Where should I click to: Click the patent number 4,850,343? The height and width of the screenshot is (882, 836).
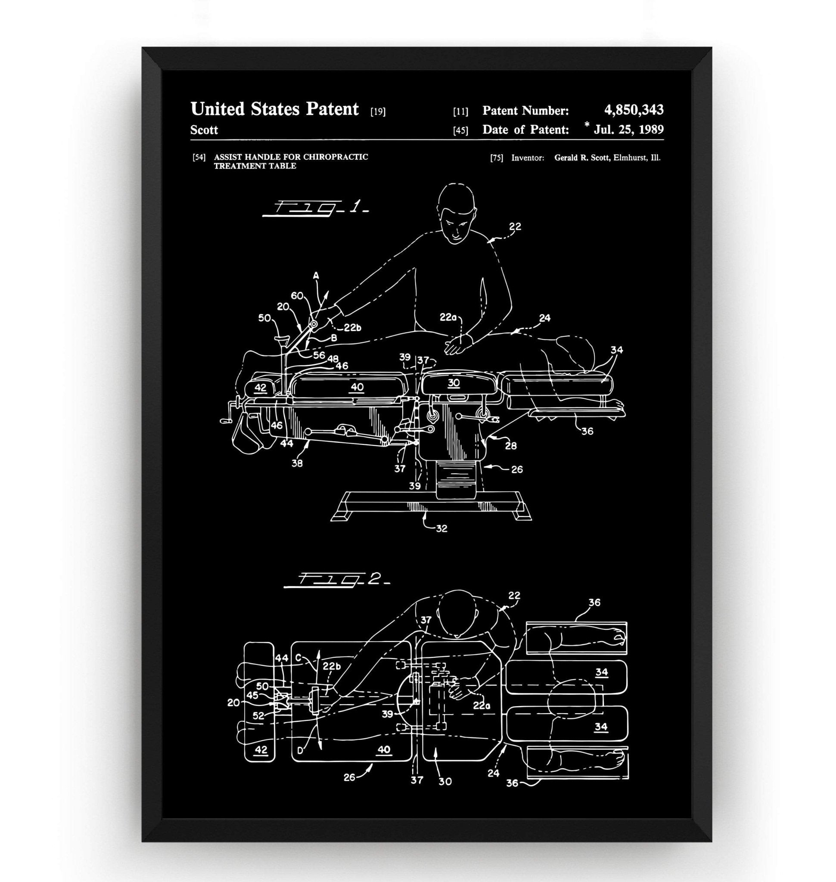click(633, 110)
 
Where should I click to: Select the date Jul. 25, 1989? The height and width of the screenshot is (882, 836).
click(628, 130)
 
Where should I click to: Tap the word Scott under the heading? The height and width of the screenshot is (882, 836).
click(204, 130)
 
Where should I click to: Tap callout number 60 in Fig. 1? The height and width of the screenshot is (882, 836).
click(297, 296)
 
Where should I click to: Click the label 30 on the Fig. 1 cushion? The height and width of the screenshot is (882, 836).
click(454, 383)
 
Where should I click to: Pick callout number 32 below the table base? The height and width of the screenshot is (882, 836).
click(441, 528)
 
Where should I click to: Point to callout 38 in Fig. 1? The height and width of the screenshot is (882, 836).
click(297, 463)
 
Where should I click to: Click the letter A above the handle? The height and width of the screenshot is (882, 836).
click(316, 276)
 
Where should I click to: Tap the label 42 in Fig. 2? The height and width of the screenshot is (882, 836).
click(261, 749)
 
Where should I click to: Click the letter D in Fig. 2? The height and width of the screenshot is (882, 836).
click(300, 751)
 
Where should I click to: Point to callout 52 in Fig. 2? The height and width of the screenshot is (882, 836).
click(258, 716)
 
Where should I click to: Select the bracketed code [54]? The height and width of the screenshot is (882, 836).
click(199, 157)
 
